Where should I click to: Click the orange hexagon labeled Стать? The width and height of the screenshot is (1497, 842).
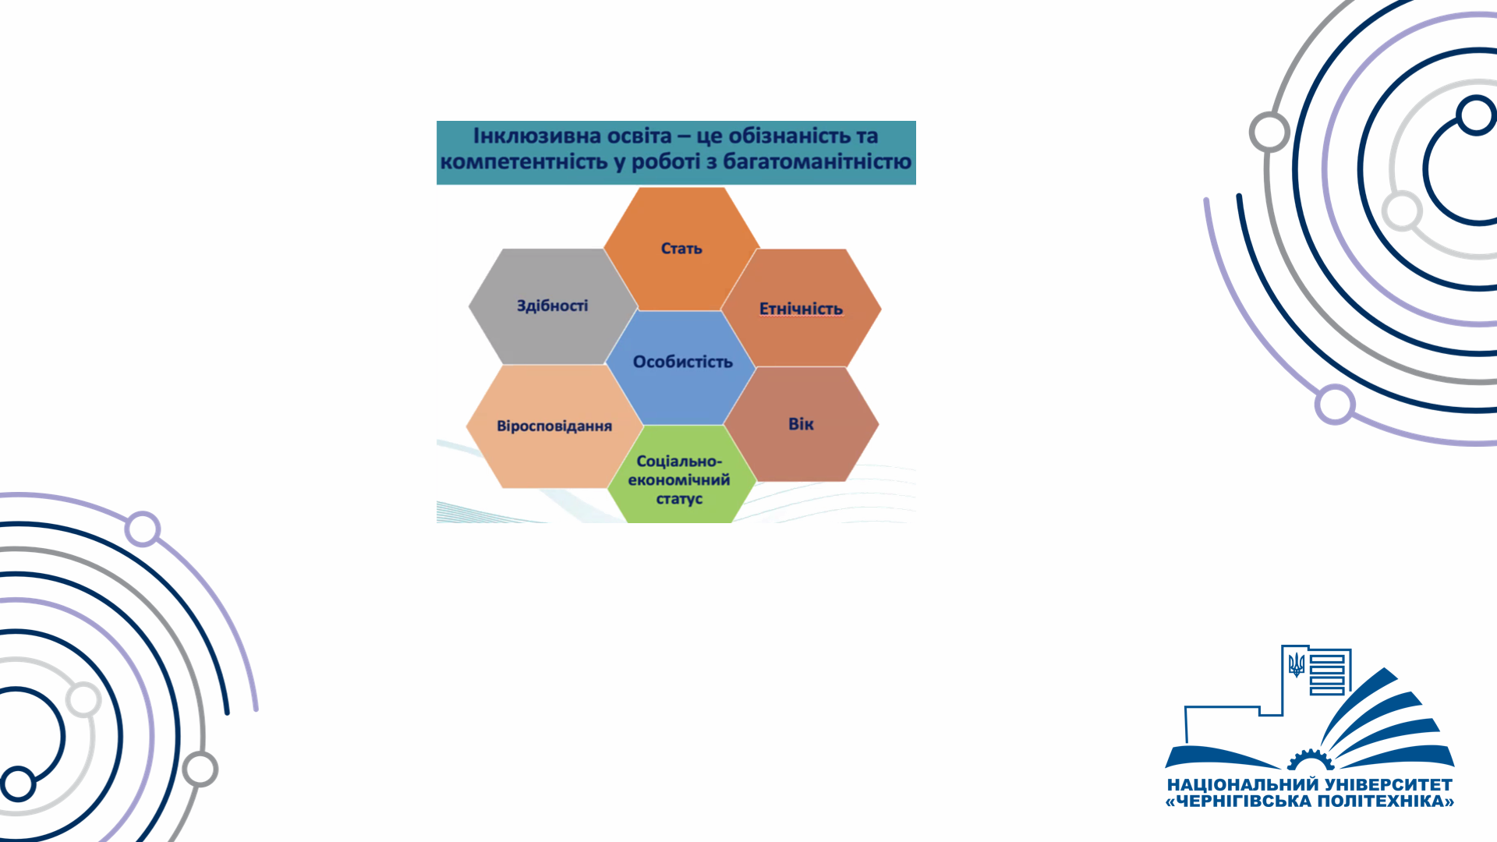(681, 249)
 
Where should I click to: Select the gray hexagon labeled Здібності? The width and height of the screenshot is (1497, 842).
(553, 306)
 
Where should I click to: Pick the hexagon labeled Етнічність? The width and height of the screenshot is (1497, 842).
(802, 308)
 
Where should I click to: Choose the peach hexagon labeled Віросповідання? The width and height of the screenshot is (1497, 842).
(554, 426)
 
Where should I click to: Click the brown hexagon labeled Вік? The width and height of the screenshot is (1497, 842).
(802, 424)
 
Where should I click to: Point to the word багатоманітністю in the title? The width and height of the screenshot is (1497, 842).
(817, 161)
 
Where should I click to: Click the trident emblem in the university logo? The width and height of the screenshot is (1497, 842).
(1297, 664)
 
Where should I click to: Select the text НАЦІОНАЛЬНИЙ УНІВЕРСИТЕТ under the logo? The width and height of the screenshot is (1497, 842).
(1310, 784)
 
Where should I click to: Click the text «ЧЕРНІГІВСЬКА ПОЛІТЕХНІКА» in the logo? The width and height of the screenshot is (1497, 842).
(1310, 801)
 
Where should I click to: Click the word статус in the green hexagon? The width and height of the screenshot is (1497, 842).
(679, 499)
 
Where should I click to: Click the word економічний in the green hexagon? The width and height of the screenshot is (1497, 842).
(679, 480)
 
